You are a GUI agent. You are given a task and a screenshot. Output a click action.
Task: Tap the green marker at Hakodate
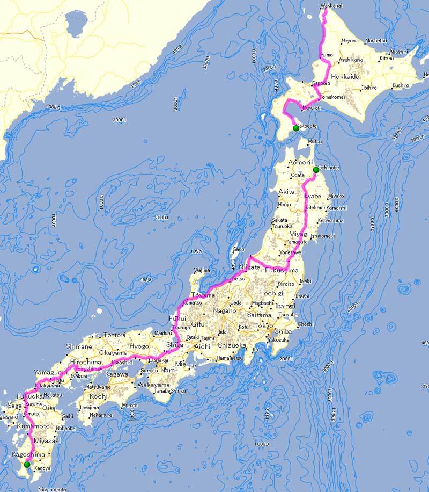[x=296, y=128]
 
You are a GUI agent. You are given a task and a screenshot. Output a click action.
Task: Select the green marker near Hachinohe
[x=316, y=170]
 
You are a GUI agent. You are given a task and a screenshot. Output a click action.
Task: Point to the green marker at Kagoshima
[x=27, y=464]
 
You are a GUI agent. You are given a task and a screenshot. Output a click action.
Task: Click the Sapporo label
[x=321, y=84]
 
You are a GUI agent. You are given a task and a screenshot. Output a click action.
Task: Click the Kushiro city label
[x=400, y=85]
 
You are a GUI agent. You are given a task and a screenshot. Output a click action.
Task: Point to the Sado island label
[x=239, y=250]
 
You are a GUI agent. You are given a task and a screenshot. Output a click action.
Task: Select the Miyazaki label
[x=44, y=440]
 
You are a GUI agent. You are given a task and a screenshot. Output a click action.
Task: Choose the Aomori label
[x=299, y=162]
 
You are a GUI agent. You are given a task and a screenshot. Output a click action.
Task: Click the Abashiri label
[x=398, y=52]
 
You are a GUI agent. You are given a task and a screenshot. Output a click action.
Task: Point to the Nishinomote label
[x=52, y=489]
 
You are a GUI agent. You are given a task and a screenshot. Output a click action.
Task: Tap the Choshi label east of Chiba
[x=305, y=324]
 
